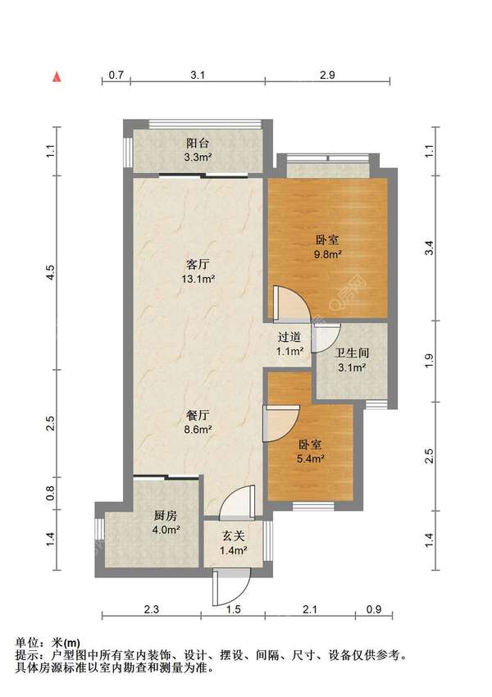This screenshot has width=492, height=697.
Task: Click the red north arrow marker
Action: [x=57, y=76]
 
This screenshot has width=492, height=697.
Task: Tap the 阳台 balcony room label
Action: [x=198, y=143]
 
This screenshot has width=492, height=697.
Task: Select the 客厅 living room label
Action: [x=198, y=265]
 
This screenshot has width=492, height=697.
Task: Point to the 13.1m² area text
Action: [x=198, y=279]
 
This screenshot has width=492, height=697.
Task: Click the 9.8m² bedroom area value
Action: [x=327, y=254]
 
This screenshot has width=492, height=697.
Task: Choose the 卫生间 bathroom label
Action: [x=352, y=353]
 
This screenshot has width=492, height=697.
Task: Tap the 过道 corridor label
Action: [x=289, y=337]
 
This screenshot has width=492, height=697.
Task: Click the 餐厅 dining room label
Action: [x=198, y=416]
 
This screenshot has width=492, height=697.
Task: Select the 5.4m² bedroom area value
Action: [x=310, y=458]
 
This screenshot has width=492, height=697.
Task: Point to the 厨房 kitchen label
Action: [x=166, y=516]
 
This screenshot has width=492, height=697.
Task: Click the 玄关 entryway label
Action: [x=234, y=536]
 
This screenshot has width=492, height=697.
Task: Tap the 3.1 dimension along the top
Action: [x=198, y=75]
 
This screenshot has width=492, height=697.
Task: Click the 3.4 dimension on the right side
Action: [x=430, y=248]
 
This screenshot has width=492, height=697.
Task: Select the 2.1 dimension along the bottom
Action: [x=310, y=609]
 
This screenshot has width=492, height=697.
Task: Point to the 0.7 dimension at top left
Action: [x=116, y=75]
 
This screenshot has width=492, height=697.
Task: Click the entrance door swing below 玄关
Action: [x=230, y=587]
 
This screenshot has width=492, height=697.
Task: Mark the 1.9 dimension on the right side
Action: [x=430, y=361]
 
